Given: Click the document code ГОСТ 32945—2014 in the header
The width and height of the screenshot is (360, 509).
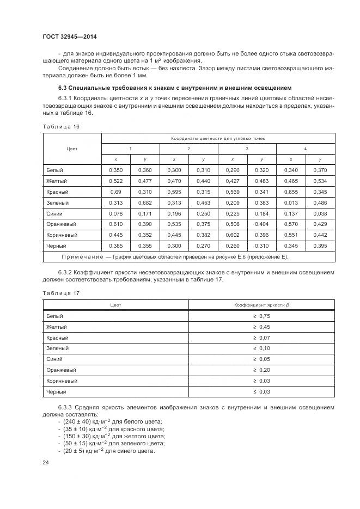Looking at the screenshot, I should [73, 37].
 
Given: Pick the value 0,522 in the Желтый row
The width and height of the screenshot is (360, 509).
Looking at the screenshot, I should [116, 181].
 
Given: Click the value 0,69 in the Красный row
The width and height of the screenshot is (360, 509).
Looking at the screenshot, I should [116, 192].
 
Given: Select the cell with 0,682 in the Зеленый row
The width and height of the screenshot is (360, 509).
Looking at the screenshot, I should [145, 203].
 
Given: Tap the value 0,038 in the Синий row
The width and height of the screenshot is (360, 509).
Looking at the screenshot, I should [320, 214].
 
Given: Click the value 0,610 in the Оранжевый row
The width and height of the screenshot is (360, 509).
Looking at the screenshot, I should [116, 224].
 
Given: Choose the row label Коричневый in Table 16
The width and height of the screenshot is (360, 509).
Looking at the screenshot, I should [62, 235].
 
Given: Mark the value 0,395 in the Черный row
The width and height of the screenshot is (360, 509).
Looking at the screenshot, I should [320, 246].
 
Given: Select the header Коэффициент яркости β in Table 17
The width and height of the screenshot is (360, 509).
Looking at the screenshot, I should [261, 305].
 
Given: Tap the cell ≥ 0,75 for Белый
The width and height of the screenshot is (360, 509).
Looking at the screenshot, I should [261, 316].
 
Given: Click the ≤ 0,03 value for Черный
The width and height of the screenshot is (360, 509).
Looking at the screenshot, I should [261, 391].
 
